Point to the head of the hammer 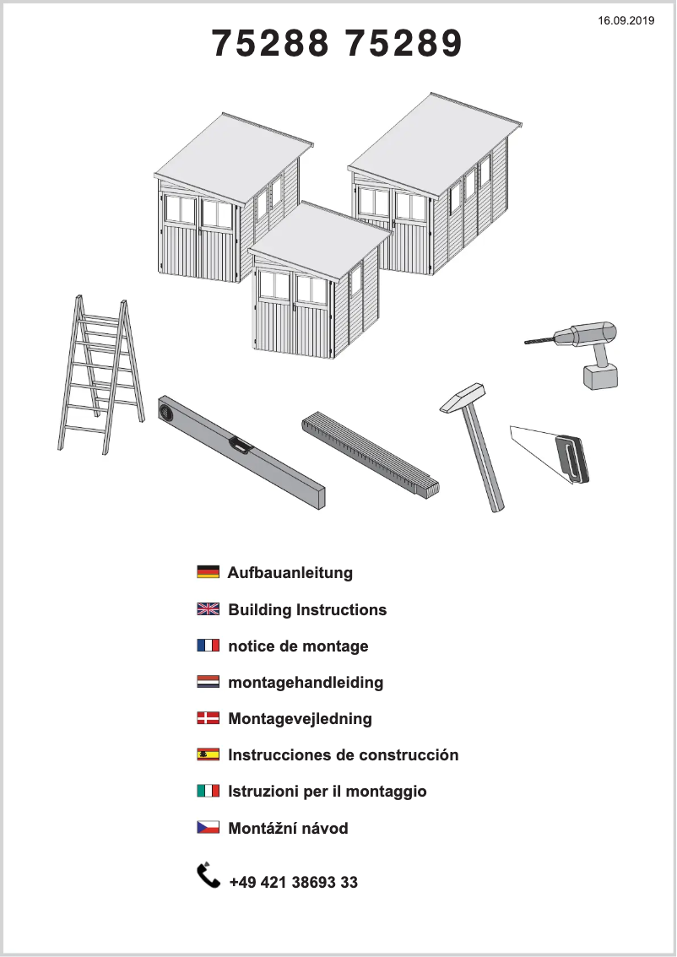[x=463, y=397]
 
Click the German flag [x=208, y=572]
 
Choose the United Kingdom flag [x=208, y=609]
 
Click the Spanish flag [x=208, y=754]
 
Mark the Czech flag [x=208, y=828]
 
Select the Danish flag [x=208, y=718]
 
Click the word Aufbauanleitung [x=290, y=573]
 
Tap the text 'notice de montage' [x=298, y=646]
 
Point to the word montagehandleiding [x=306, y=682]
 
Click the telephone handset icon [x=208, y=876]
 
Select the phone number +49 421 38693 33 [x=293, y=883]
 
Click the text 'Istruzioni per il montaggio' [x=328, y=792]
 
